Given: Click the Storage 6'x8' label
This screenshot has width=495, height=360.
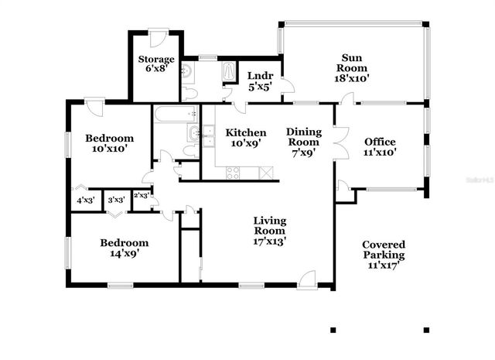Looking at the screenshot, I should tap(156, 63).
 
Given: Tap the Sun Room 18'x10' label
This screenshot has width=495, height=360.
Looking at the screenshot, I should tap(352, 67).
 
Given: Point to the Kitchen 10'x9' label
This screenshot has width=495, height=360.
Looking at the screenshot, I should tap(246, 138).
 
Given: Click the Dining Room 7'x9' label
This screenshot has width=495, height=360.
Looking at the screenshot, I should tap(304, 142).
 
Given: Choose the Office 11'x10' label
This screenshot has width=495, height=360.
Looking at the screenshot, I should tap(380, 147).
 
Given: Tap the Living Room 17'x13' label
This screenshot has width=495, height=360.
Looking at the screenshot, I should tap(269, 230).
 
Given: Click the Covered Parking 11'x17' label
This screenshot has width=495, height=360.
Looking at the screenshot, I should tap(384, 255).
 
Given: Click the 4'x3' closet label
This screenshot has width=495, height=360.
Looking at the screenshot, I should tap(84, 200).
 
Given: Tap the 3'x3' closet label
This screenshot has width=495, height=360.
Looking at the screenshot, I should tap(116, 200).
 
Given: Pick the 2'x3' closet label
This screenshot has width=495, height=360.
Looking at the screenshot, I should tap(142, 196).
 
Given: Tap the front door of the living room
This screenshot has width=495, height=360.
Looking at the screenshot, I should tap(307, 279).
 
